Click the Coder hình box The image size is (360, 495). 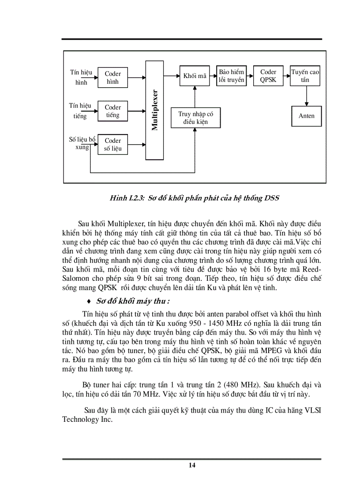113,78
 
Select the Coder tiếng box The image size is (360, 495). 113,111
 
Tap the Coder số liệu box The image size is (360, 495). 113,145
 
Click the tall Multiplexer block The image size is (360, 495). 154,111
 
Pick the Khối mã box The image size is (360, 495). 195,76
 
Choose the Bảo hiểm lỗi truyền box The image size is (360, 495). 232,76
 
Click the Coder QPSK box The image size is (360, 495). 268,76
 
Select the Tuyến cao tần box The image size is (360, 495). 305,76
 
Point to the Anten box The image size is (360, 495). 307,116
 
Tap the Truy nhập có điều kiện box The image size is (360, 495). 195,118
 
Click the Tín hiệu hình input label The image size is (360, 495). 81,77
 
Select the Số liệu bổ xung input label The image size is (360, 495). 82,143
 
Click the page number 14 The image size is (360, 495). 191,465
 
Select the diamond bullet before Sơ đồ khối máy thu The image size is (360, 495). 90,301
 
